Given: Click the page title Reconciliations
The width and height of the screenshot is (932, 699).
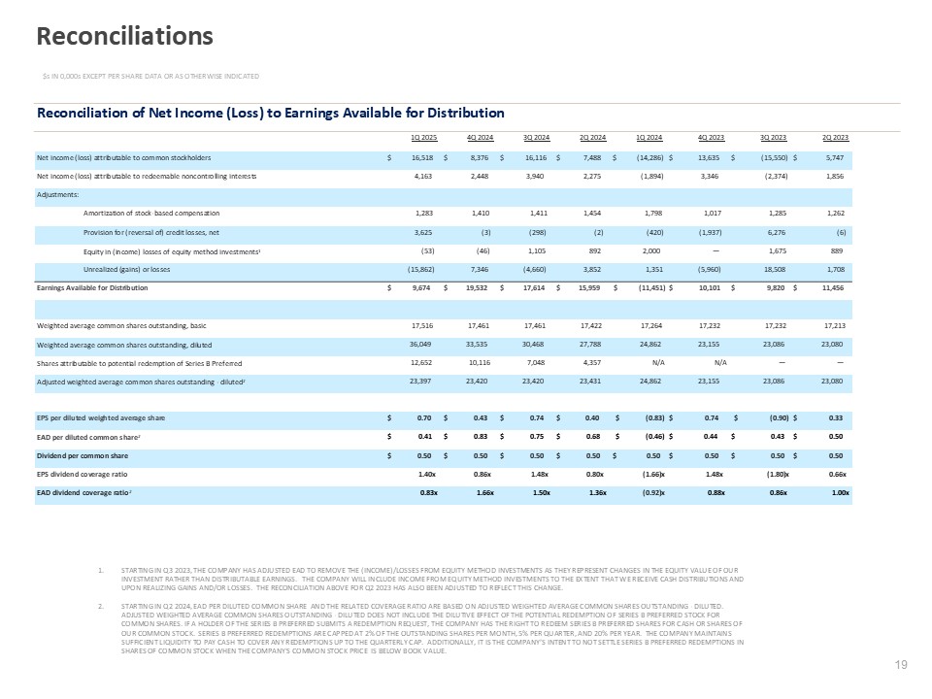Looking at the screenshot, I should pyautogui.click(x=124, y=36).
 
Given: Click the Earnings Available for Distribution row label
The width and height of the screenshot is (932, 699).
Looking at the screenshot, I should pyautogui.click(x=92, y=288).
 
